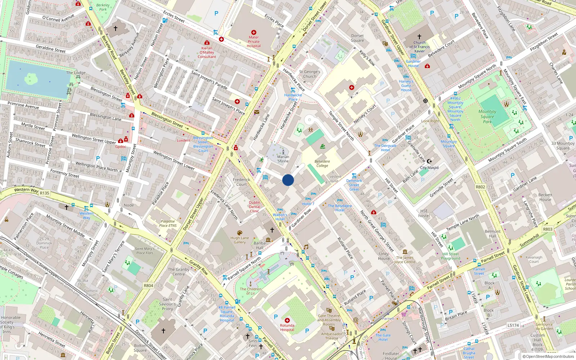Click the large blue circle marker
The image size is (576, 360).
[x=288, y=180]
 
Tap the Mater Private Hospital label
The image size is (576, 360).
[x=254, y=41]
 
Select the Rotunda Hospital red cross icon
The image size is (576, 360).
[x=287, y=320]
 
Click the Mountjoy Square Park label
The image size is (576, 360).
[x=487, y=116]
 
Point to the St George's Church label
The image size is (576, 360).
[x=310, y=74]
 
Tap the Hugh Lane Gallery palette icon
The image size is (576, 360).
[x=240, y=233]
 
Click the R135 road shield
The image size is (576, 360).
[x=45, y=193]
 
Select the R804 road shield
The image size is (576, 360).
[x=149, y=285]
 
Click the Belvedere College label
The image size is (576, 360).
[x=322, y=163]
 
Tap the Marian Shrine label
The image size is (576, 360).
[x=283, y=159]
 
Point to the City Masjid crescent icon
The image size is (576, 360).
[x=429, y=161]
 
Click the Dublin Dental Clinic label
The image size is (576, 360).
[x=255, y=207]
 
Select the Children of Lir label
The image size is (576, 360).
[x=251, y=291]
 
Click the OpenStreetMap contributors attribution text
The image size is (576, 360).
[x=548, y=356]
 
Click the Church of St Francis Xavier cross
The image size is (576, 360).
[x=419, y=37]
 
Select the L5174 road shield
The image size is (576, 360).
[x=513, y=325]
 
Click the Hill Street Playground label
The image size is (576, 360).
[x=451, y=256]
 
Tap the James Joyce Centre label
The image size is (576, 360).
[x=405, y=260]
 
